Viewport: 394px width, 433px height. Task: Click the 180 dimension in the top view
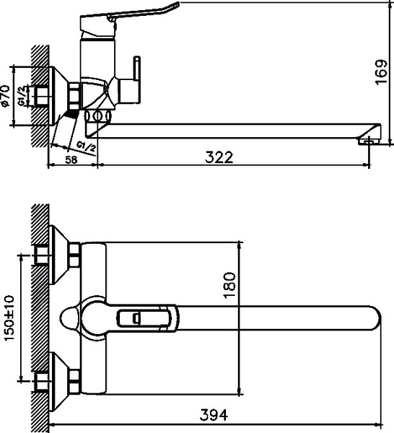[230, 285]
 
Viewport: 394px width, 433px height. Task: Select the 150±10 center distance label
[10, 318]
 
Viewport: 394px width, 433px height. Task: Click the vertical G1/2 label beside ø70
[22, 96]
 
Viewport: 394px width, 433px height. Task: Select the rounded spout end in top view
[372, 317]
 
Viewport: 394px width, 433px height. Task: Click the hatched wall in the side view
[40, 94]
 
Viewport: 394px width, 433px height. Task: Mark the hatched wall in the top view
[40, 318]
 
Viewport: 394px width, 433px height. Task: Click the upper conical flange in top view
[59, 255]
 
